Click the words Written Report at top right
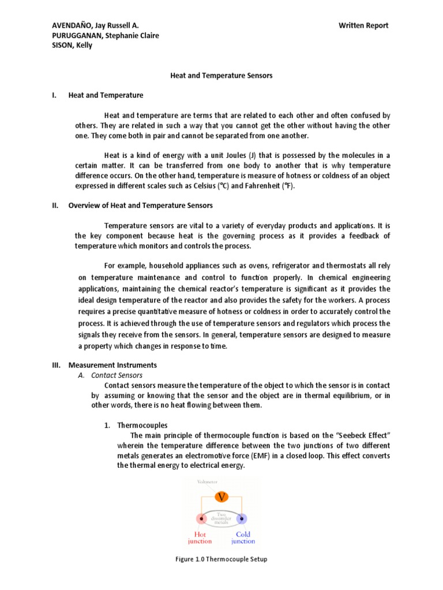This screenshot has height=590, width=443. [x=363, y=25]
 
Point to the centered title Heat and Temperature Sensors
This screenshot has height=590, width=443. [x=221, y=75]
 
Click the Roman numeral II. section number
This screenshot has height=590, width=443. [x=55, y=205]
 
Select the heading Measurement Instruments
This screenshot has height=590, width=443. [x=112, y=365]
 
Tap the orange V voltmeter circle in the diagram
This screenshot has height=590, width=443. [x=221, y=496]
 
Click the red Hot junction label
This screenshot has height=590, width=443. [x=200, y=538]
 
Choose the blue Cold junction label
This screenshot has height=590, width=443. [x=243, y=538]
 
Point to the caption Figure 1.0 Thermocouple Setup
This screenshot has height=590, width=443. [x=221, y=559]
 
